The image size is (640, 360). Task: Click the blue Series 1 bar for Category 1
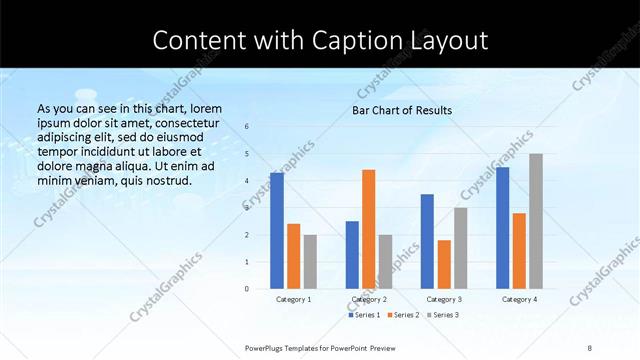pos(277,231)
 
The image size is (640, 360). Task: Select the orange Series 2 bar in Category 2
pos(368,229)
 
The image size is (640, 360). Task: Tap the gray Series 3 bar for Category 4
pos(536,221)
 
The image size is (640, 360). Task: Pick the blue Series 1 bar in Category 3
pos(427,241)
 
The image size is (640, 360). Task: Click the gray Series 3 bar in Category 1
pos(310,262)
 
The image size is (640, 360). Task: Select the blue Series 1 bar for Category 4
pos(502,228)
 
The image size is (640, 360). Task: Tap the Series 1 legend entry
pos(364,315)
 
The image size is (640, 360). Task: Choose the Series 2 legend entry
pos(402,315)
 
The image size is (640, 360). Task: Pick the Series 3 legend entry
pos(443,315)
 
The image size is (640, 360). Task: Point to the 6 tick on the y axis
pos(247,127)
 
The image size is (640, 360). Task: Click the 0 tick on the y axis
pos(247,289)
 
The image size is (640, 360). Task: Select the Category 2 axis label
pos(369,299)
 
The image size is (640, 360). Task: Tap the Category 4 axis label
pos(519,299)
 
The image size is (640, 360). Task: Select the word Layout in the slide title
pos(444,41)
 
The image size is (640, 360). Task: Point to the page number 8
pos(589,347)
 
